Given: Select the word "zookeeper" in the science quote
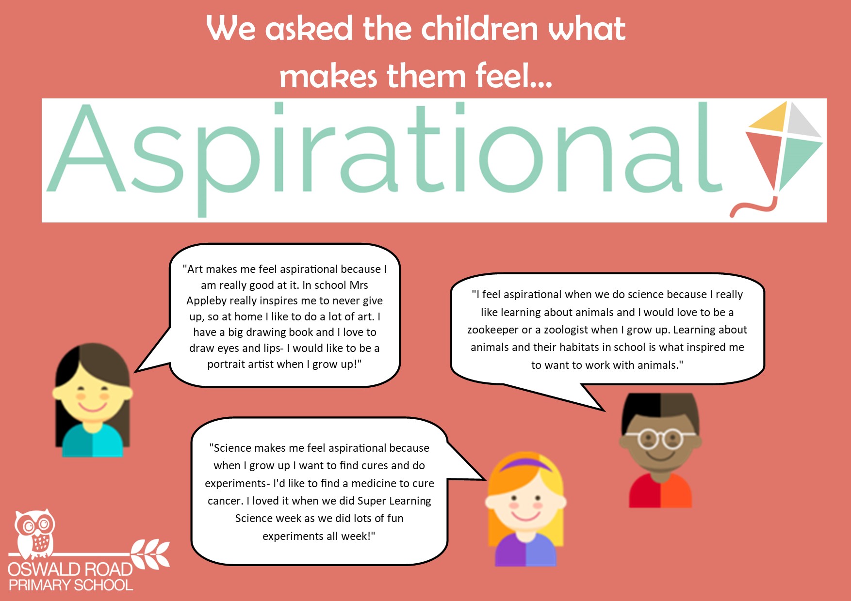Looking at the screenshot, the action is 493,330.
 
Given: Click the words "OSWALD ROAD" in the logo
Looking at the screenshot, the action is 70,569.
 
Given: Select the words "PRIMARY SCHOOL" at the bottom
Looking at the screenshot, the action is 71,585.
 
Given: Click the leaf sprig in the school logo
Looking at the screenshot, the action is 150,554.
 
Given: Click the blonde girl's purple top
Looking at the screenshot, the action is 525,550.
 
